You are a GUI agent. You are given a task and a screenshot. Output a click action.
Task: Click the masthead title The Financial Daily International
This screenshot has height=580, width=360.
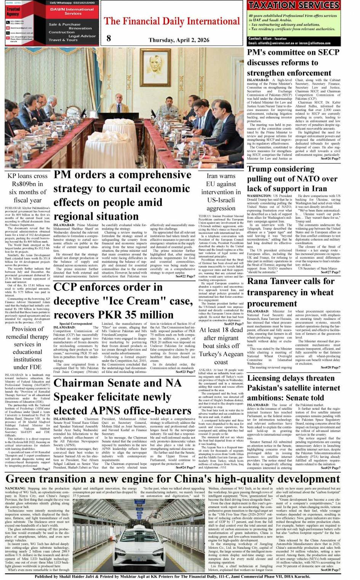point(172,21)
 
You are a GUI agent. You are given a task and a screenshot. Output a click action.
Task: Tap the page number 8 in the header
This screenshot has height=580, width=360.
point(109,38)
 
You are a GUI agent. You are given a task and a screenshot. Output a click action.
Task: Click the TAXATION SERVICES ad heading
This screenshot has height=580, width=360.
point(294,5)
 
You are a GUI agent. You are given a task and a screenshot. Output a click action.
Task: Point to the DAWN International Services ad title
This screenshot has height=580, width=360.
point(72,11)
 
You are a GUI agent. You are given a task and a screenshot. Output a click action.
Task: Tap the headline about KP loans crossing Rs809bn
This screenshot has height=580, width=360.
point(27,188)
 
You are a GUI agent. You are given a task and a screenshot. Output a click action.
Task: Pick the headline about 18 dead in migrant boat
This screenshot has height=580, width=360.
point(221,346)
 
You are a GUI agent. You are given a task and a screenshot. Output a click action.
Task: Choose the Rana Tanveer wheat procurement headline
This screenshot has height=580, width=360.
point(290,292)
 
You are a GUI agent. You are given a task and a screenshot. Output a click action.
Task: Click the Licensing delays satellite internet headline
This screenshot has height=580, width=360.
point(293,388)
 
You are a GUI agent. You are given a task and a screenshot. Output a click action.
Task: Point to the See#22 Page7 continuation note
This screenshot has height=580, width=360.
point(185,276)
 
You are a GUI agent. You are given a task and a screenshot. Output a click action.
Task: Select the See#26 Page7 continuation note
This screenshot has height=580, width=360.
point(330,159)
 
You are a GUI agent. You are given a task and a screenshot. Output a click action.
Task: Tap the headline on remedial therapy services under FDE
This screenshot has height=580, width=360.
point(27,348)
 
